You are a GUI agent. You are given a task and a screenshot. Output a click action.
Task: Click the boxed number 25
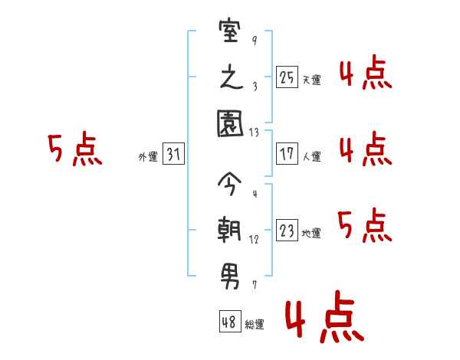287,78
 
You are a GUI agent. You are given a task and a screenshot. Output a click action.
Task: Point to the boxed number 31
173,155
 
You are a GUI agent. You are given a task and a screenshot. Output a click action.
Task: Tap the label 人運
311,156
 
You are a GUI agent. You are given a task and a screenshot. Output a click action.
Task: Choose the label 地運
311,233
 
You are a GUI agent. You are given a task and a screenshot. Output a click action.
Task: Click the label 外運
148,156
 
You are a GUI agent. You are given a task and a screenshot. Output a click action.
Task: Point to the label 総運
255,324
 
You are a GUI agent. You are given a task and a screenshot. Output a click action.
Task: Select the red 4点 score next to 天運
365,74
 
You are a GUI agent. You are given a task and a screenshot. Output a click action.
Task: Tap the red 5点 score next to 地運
365,225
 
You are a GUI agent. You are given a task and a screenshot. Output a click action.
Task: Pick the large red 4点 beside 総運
324,319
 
